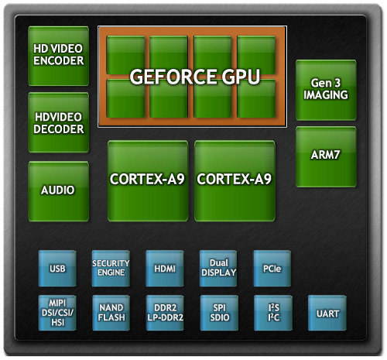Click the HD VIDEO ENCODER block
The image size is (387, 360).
[59, 56]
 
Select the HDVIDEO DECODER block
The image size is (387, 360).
[59, 122]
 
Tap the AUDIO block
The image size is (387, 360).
[59, 191]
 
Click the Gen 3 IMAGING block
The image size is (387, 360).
[326, 90]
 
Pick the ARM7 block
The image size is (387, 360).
[326, 157]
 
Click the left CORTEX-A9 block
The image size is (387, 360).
[148, 181]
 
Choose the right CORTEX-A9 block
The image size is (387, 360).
[235, 181]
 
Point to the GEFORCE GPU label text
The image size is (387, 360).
[195, 77]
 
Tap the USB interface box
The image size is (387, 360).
[57, 269]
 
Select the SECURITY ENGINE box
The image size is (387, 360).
[111, 269]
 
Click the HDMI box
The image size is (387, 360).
[165, 269]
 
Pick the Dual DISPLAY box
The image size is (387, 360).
[218, 269]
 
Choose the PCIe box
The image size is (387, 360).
[272, 269]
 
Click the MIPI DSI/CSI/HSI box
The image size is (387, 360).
[57, 313]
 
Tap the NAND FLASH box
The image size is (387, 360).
[111, 313]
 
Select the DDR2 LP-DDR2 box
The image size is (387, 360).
[165, 313]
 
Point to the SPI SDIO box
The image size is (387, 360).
[219, 313]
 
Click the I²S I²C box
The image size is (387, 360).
[273, 313]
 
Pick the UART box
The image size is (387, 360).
[327, 313]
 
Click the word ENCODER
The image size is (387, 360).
[59, 61]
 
